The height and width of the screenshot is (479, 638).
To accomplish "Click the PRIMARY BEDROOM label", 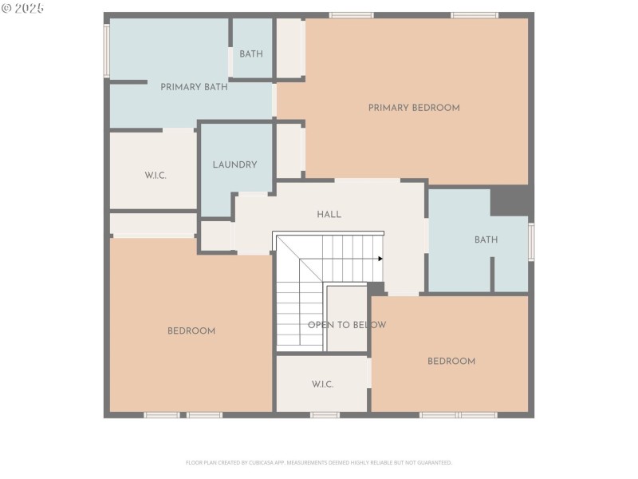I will coord(413,108).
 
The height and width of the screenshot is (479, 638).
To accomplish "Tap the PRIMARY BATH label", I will coord(194,87).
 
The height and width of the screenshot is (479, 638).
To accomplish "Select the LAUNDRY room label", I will coord(234,165).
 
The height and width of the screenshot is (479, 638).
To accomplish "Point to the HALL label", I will coord(329,215).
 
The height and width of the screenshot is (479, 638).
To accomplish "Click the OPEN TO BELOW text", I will coord(347,325).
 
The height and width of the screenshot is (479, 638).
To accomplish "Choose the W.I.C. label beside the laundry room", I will coord(156,176).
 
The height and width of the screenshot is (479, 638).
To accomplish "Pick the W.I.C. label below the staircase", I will coord(322,385).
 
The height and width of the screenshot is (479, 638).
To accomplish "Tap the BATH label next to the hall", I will coord(486,240).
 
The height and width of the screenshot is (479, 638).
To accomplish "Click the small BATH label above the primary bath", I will coord(251,54).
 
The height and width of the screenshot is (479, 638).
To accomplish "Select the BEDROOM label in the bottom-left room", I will coord(191,331).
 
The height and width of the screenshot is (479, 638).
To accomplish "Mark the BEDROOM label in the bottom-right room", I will coord(451,362).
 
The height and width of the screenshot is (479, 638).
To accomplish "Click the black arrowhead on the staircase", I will coord(380,259).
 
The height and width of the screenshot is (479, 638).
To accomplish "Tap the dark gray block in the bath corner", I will coord(509,200).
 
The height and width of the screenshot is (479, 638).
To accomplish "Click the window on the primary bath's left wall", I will coord(106,50).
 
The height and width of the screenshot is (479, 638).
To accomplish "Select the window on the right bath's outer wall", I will coord(531,242).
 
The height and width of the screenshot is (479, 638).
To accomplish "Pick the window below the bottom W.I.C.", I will coord(325,415).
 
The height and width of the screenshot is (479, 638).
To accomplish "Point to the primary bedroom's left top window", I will coord(351,15).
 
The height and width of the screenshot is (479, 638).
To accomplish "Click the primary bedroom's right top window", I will coord(475,15).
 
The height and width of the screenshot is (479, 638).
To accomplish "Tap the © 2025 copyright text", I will coord(23,8).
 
